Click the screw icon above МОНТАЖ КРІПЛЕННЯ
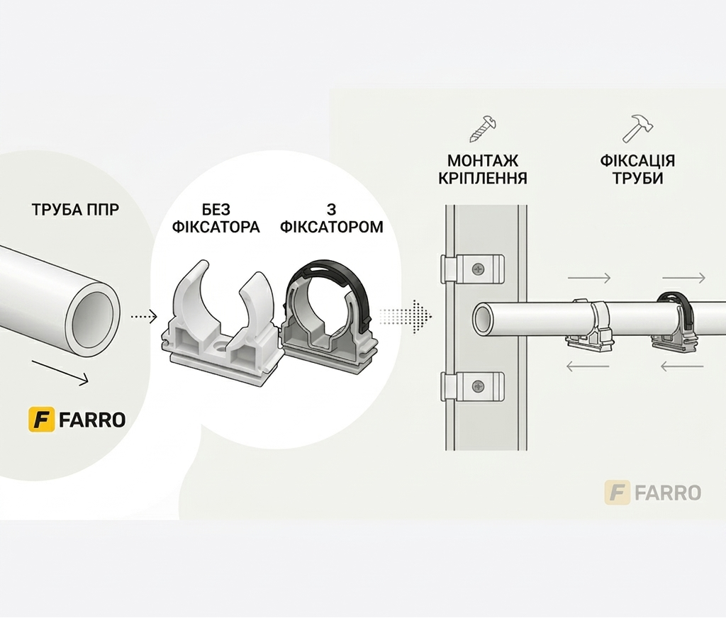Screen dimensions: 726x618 coord(483,129)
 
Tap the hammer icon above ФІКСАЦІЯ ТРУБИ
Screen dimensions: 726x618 coord(637,128)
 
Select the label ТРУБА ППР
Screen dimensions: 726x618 coord(75,210)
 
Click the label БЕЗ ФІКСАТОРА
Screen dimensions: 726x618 coord(216,218)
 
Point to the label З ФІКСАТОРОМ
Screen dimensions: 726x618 coord(332,218)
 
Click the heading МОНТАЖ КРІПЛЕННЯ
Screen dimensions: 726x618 coord(482,169)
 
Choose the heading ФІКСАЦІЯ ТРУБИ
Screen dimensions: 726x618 coord(637,169)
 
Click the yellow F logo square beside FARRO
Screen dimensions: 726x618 coord(42,420)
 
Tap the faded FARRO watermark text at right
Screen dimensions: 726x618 coord(668,493)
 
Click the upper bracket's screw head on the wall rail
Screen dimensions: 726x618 coord(477,269)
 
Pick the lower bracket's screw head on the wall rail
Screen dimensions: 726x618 coord(477,386)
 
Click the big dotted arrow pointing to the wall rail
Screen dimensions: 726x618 coord(406,317)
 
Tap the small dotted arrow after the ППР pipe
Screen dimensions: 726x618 coord(144,317)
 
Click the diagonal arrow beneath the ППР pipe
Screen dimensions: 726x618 coord(60,372)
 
